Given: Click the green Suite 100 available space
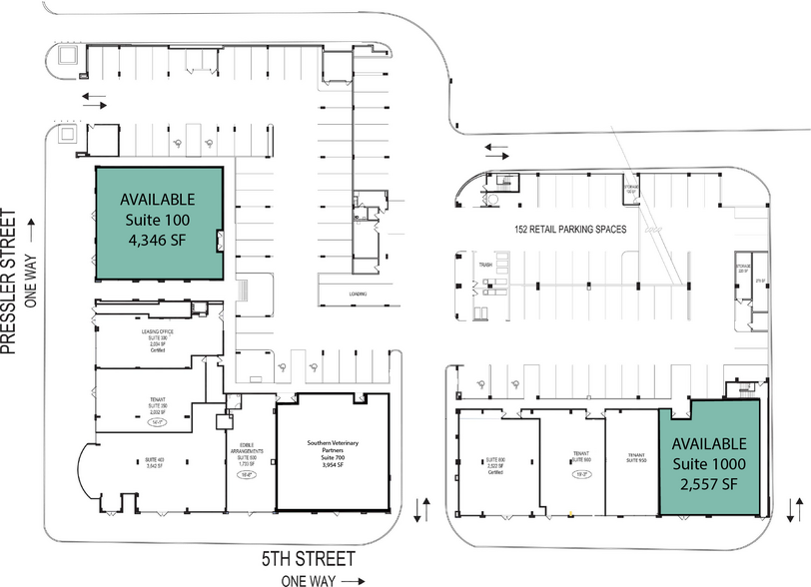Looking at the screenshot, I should (157, 224).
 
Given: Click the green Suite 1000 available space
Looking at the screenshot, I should (708, 461).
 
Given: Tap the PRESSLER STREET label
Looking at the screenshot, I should (11, 282).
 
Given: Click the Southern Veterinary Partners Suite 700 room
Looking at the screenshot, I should (333, 454).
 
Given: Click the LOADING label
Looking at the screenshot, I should (357, 293).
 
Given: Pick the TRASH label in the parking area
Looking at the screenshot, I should (486, 265).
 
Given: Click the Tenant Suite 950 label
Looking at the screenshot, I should (635, 458).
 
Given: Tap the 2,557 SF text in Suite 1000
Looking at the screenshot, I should (708, 484).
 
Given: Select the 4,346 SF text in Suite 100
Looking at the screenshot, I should (157, 241).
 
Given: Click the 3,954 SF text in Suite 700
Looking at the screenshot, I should (333, 465).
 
